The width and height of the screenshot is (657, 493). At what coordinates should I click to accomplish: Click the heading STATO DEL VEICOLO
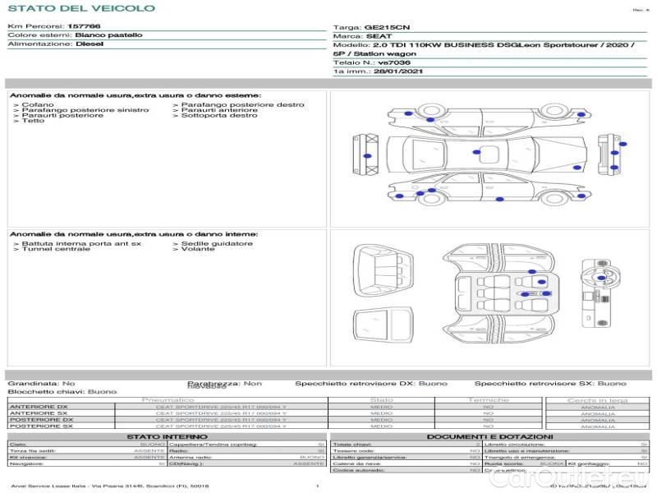(x=81, y=8)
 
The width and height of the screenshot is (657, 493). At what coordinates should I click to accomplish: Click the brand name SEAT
(x=378, y=37)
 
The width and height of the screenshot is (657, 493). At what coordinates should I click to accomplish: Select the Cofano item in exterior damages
(x=38, y=105)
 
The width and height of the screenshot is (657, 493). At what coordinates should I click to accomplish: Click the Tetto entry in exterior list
(x=33, y=122)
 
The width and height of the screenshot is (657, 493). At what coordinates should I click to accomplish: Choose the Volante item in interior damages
(x=197, y=249)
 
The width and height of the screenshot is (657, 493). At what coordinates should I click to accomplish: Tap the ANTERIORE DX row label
(x=39, y=407)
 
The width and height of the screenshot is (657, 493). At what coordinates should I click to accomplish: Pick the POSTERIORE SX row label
(x=39, y=426)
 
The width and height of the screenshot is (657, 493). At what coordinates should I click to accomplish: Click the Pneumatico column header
(x=168, y=400)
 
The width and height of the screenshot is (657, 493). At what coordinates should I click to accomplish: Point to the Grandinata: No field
(x=41, y=384)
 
